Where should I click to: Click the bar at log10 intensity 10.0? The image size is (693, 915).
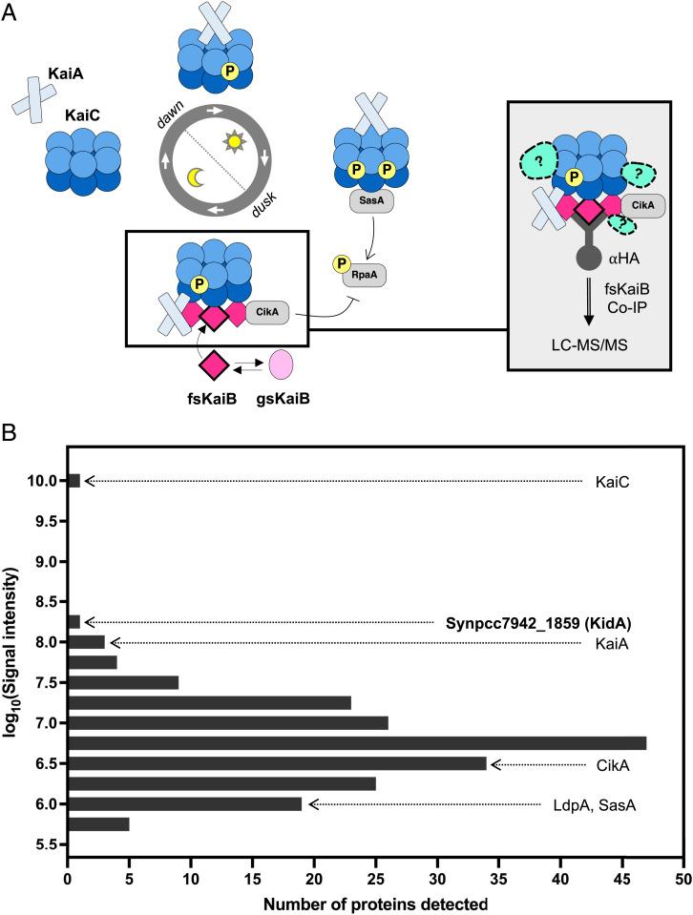[73, 481]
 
